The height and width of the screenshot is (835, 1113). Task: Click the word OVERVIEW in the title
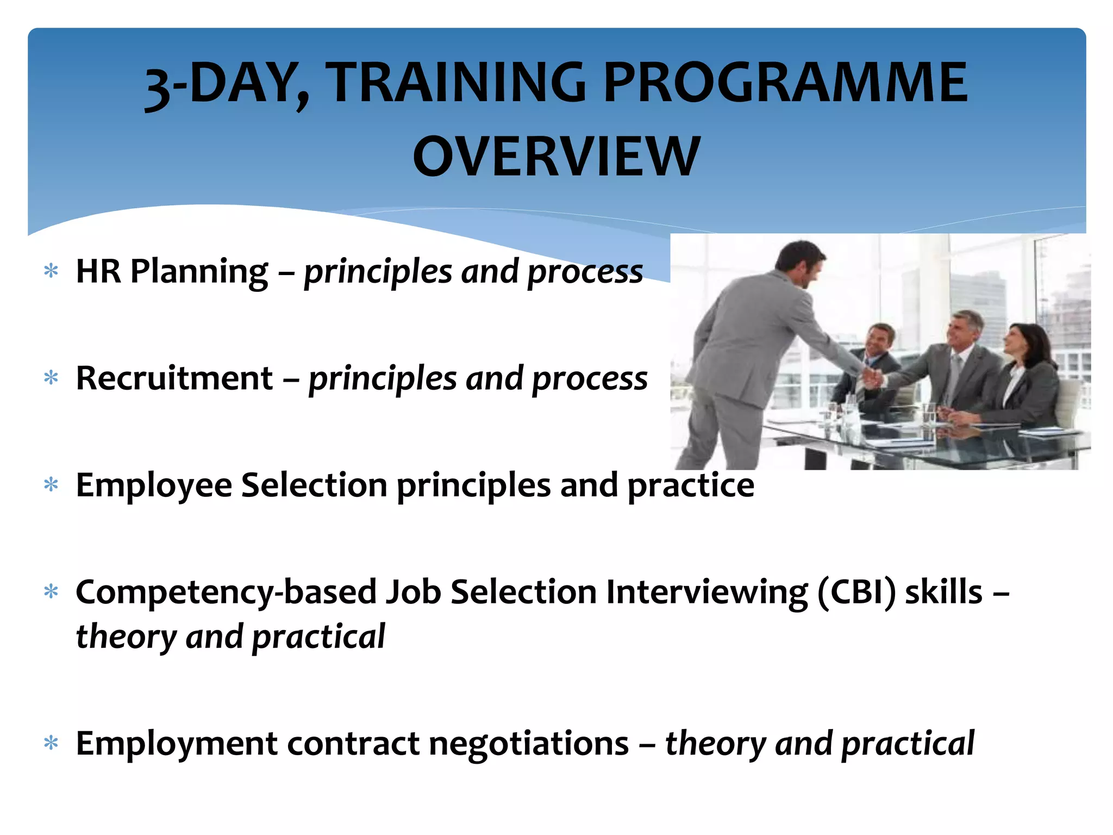tap(556, 157)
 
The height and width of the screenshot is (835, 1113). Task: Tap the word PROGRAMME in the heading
tap(785, 83)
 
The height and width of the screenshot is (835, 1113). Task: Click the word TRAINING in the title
tap(458, 83)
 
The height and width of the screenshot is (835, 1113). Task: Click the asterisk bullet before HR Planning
tap(51, 271)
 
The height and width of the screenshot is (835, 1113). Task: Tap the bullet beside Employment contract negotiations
tap(51, 743)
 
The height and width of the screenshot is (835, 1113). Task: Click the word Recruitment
tap(174, 378)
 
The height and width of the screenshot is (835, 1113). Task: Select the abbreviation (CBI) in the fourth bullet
tap(856, 592)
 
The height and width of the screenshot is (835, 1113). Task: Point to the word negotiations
tap(528, 744)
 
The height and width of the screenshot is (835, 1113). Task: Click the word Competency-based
tap(226, 593)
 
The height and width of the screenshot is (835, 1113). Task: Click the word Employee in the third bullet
tap(154, 485)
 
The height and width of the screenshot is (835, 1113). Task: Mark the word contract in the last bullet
tap(353, 744)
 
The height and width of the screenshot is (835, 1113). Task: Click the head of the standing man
tap(801, 262)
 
